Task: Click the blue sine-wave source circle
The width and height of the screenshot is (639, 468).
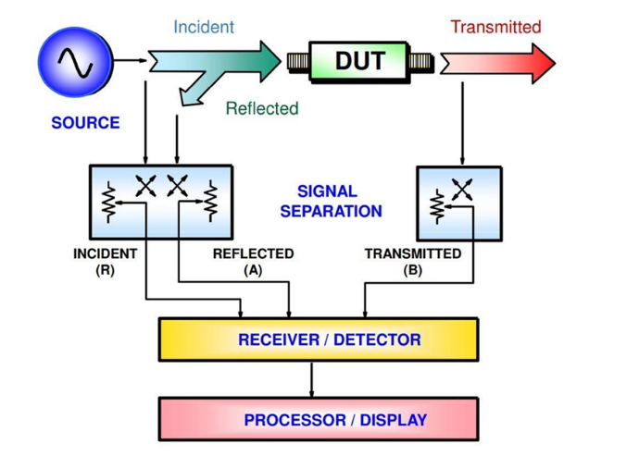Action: (74, 62)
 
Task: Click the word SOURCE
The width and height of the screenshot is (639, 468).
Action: (85, 123)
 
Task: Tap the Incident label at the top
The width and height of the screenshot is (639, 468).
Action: (204, 27)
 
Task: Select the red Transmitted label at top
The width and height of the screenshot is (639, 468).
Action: (495, 27)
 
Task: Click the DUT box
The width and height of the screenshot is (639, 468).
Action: (359, 62)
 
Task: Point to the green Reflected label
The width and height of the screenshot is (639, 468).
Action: (262, 108)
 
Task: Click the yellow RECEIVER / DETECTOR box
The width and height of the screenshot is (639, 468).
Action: (319, 339)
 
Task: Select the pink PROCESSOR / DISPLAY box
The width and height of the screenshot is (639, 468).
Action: (319, 420)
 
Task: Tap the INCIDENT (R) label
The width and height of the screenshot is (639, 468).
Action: (105, 262)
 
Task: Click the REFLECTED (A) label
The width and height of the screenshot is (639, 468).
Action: (253, 262)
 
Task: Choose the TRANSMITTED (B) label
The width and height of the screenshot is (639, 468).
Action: (413, 262)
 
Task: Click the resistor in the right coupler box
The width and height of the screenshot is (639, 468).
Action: (437, 206)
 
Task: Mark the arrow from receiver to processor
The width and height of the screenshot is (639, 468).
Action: (311, 379)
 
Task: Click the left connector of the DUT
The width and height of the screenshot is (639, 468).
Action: (297, 63)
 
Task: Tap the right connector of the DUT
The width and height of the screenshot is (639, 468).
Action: (421, 63)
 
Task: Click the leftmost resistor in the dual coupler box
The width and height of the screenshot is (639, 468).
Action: (109, 199)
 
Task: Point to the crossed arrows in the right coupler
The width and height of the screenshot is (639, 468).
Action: (461, 189)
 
